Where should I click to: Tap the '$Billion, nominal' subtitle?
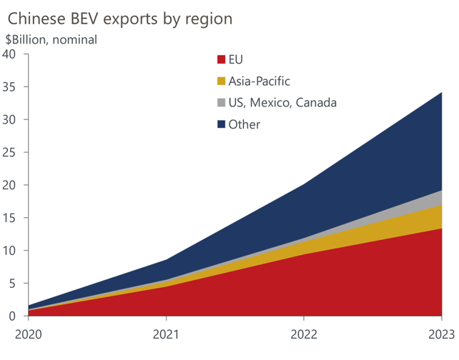pos(51,40)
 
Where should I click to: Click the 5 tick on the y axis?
pos(13,284)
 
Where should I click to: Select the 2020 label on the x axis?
pos(29,333)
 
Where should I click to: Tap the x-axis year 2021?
pos(166,333)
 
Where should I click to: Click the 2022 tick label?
pos(304,333)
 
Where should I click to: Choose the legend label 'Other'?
pos(244,125)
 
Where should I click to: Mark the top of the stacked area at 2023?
pos(441,93)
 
